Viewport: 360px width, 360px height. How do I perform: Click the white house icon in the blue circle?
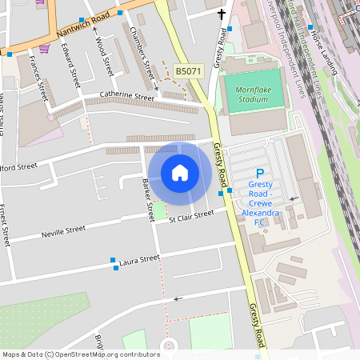click(x=180, y=173)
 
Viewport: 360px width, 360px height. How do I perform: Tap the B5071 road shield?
click(x=188, y=72)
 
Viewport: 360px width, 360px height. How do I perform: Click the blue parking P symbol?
click(x=259, y=174)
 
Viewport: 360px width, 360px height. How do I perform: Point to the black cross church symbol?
click(x=222, y=14)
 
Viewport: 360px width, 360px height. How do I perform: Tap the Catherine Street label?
click(x=126, y=97)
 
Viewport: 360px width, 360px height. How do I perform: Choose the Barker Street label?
click(x=147, y=201)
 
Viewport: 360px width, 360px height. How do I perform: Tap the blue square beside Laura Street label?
click(x=114, y=261)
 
